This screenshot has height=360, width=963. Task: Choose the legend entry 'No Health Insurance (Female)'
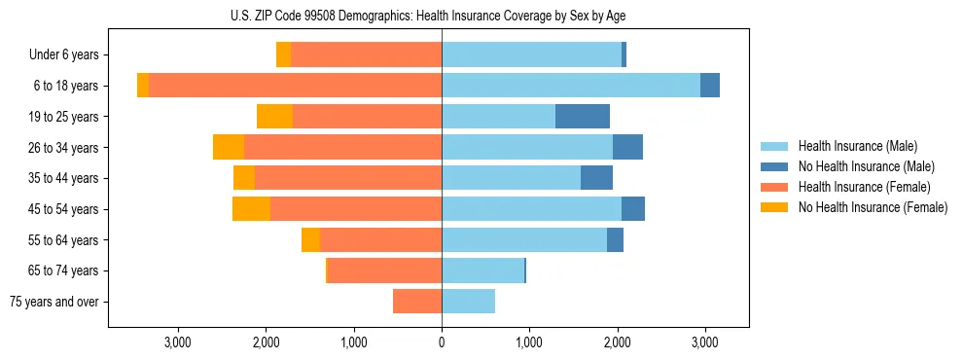click(x=872, y=207)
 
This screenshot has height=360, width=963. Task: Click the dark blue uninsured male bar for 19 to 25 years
click(x=582, y=117)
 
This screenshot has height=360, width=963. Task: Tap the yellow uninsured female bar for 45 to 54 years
click(x=251, y=209)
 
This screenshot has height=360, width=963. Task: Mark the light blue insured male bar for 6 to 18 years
click(x=571, y=86)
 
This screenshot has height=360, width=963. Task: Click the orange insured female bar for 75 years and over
click(x=417, y=302)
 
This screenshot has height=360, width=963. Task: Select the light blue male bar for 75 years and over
click(x=468, y=302)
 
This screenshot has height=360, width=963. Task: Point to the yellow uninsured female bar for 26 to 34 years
click(x=229, y=147)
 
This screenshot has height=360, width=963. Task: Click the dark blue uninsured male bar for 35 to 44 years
click(x=596, y=178)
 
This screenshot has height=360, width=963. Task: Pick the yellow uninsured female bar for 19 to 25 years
click(x=274, y=117)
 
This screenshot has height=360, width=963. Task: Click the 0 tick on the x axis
click(x=442, y=342)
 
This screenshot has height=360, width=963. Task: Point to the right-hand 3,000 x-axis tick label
click(x=705, y=342)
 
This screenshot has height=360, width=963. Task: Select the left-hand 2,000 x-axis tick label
click(x=266, y=342)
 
